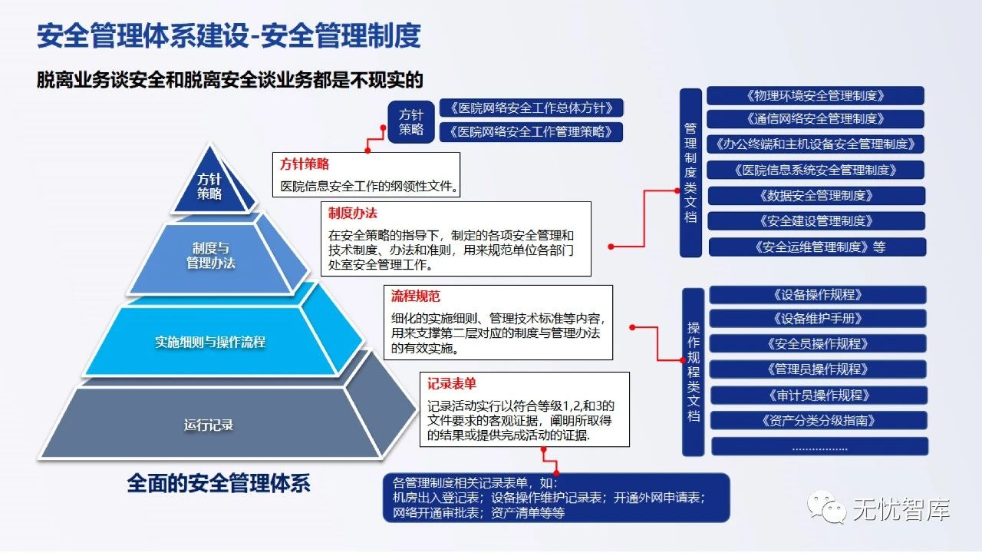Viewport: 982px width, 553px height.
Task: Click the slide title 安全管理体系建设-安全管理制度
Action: (x=229, y=36)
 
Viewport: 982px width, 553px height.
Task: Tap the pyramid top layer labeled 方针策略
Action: (x=209, y=187)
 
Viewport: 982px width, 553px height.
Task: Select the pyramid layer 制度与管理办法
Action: (x=211, y=257)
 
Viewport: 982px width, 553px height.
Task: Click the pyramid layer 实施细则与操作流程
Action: (x=210, y=342)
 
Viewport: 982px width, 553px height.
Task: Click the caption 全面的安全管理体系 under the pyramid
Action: (x=219, y=483)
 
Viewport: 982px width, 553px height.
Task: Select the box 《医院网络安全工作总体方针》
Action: (x=531, y=108)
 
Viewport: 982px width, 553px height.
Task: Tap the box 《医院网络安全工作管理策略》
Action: (x=531, y=132)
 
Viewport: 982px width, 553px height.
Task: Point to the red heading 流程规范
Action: (x=415, y=296)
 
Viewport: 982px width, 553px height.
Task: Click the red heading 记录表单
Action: (x=453, y=383)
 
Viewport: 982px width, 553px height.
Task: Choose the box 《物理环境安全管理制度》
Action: (x=815, y=96)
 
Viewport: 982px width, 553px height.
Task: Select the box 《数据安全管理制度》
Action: (x=816, y=195)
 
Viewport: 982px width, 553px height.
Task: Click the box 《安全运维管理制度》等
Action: (x=817, y=247)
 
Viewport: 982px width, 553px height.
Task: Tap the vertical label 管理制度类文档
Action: (x=691, y=173)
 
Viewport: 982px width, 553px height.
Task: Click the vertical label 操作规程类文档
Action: (x=694, y=371)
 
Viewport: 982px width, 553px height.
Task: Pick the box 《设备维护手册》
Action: (x=818, y=319)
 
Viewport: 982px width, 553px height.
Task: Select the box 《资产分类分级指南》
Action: (x=819, y=421)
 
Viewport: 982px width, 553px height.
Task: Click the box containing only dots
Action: (x=819, y=446)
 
